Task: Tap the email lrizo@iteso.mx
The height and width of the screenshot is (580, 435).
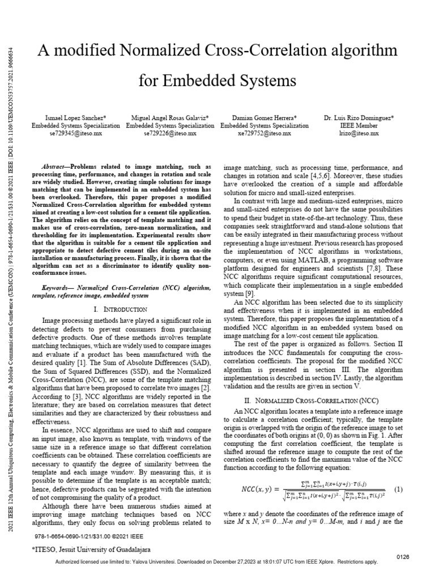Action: (x=359, y=134)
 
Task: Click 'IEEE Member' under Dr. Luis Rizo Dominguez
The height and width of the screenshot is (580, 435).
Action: (x=359, y=126)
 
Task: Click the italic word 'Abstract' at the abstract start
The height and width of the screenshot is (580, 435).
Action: (x=55, y=168)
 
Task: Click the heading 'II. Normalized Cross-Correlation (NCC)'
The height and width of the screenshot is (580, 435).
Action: (x=314, y=401)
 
